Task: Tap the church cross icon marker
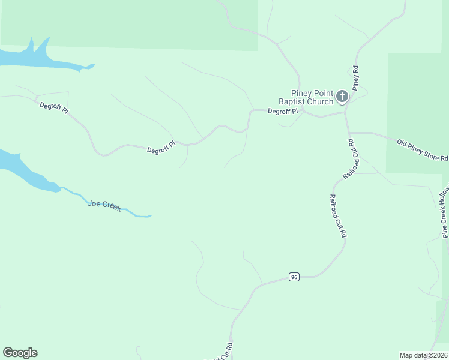pos(342,96)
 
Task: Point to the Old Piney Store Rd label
pos(423,150)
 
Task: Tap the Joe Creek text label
pos(104,205)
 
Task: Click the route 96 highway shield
pos(294,277)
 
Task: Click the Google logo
pos(20,353)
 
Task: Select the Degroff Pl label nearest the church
pos(282,111)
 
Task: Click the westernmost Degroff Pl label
pos(54,109)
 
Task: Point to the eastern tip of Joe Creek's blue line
pos(149,215)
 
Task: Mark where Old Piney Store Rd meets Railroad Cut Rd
pos(348,133)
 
